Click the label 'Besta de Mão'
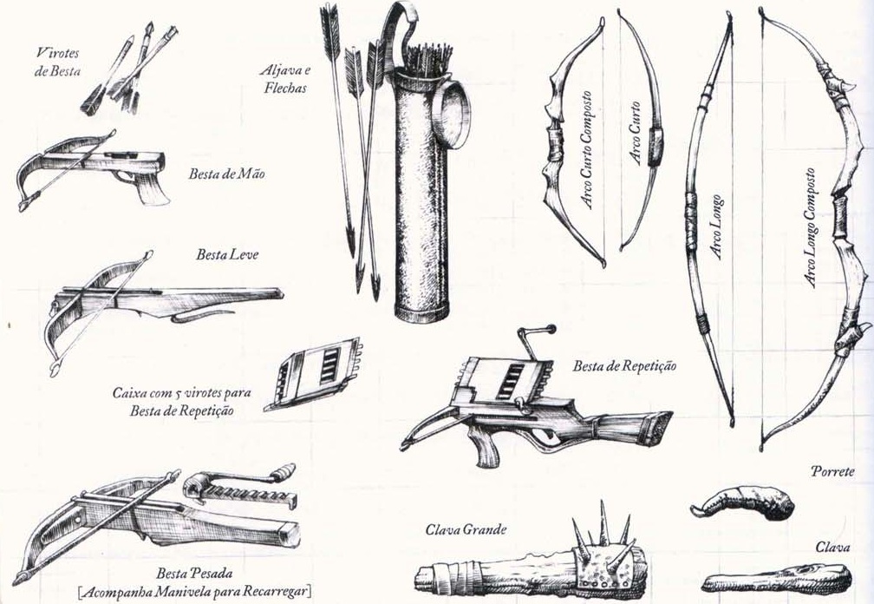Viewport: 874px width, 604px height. [x=226, y=174]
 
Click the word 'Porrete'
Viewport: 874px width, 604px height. [x=832, y=473]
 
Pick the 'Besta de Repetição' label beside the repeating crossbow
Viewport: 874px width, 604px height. [x=624, y=366]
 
